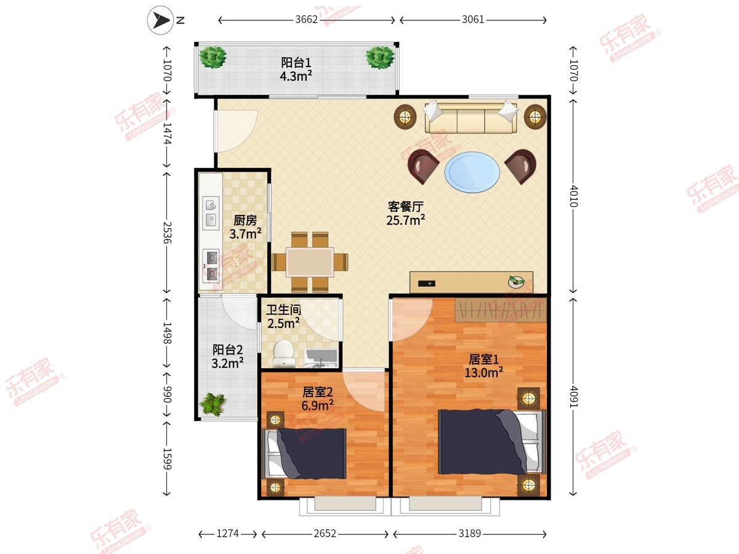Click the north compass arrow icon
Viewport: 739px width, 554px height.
tap(161, 20)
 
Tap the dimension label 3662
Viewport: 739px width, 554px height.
tap(306, 20)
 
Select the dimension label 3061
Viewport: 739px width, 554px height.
tap(473, 20)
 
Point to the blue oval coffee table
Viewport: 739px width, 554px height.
tap(472, 172)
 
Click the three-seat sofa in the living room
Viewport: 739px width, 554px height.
tap(470, 118)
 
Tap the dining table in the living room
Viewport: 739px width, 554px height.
tap(310, 262)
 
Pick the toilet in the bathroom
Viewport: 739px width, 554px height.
tap(283, 354)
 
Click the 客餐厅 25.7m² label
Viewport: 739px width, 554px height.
tap(405, 213)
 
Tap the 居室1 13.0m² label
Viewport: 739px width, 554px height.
tap(484, 366)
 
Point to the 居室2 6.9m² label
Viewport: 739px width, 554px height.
tap(318, 399)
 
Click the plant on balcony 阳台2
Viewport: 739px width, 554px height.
tap(213, 404)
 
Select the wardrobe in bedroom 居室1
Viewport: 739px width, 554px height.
tap(500, 310)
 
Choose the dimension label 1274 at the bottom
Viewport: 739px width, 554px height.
tap(228, 534)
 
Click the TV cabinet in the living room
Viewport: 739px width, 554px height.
tap(471, 282)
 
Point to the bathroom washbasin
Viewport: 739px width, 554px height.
tap(320, 358)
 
